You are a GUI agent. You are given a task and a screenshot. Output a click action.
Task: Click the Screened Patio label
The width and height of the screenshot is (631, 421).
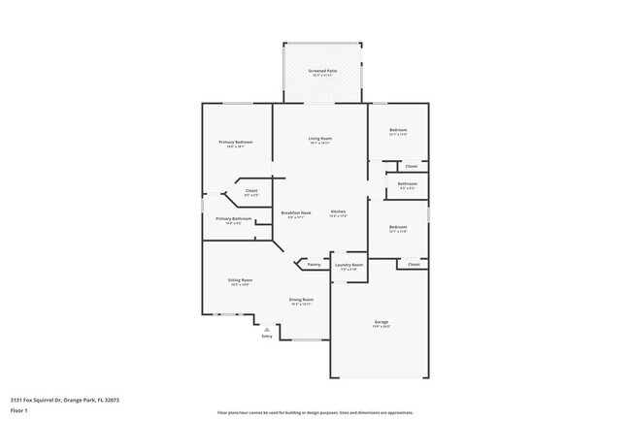323,71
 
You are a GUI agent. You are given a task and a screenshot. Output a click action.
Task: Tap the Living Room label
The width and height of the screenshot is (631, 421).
320,139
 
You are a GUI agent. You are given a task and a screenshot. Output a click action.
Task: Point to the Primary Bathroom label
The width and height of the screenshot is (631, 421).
234,219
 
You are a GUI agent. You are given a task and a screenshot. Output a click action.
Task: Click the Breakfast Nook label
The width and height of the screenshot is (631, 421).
296,212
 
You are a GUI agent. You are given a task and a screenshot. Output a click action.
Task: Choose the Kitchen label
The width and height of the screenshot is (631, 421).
338,211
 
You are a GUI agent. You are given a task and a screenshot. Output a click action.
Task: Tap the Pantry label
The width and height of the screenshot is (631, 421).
314,264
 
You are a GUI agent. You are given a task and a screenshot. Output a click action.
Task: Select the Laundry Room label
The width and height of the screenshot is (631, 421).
349,264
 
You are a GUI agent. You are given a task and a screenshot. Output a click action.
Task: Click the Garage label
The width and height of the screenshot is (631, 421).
382,321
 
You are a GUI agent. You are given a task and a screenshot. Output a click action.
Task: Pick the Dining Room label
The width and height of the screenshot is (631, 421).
301,300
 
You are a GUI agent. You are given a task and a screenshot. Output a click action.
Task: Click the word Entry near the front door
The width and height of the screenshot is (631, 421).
266,337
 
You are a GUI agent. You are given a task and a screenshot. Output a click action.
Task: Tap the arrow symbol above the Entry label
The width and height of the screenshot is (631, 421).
266,329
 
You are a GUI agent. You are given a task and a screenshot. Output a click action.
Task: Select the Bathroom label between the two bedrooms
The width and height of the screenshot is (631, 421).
408,184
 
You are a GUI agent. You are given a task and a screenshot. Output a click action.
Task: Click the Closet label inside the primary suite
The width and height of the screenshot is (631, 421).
251,191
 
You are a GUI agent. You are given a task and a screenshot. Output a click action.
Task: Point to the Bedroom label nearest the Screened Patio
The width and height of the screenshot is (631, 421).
398,130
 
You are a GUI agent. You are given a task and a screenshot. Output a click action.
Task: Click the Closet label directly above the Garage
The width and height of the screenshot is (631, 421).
414,264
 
